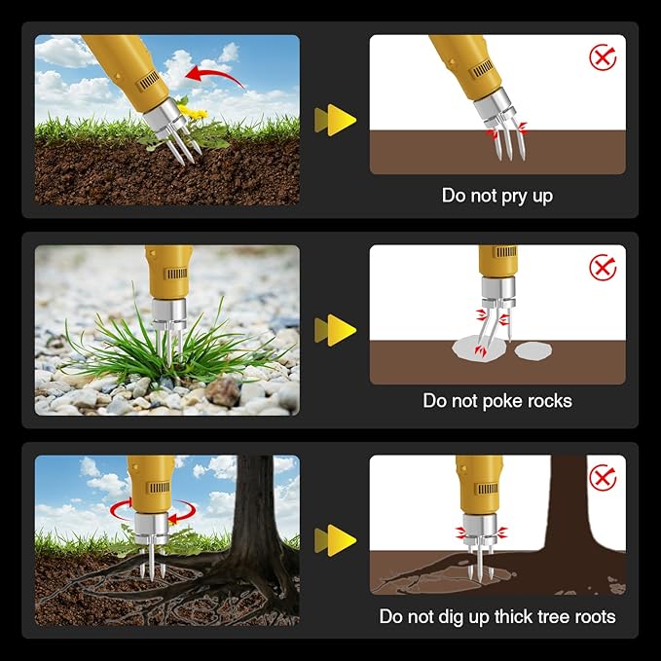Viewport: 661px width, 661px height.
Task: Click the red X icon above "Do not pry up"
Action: click(603, 57)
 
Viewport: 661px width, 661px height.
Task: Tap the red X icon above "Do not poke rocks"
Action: click(603, 268)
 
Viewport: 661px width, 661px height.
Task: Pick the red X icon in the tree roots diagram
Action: click(603, 478)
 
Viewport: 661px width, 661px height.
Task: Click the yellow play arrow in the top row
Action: click(336, 120)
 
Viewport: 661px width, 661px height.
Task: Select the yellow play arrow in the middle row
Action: click(336, 330)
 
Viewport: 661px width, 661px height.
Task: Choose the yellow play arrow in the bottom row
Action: click(336, 540)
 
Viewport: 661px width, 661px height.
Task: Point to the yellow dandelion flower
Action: click(193, 111)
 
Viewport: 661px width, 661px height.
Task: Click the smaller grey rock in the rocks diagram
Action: click(533, 350)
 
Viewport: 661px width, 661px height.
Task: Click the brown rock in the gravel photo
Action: click(223, 392)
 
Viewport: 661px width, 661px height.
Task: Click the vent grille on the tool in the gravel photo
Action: click(177, 274)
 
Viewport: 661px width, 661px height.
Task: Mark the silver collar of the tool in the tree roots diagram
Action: click(480, 530)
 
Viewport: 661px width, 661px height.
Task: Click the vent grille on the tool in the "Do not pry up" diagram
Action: click(482, 69)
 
